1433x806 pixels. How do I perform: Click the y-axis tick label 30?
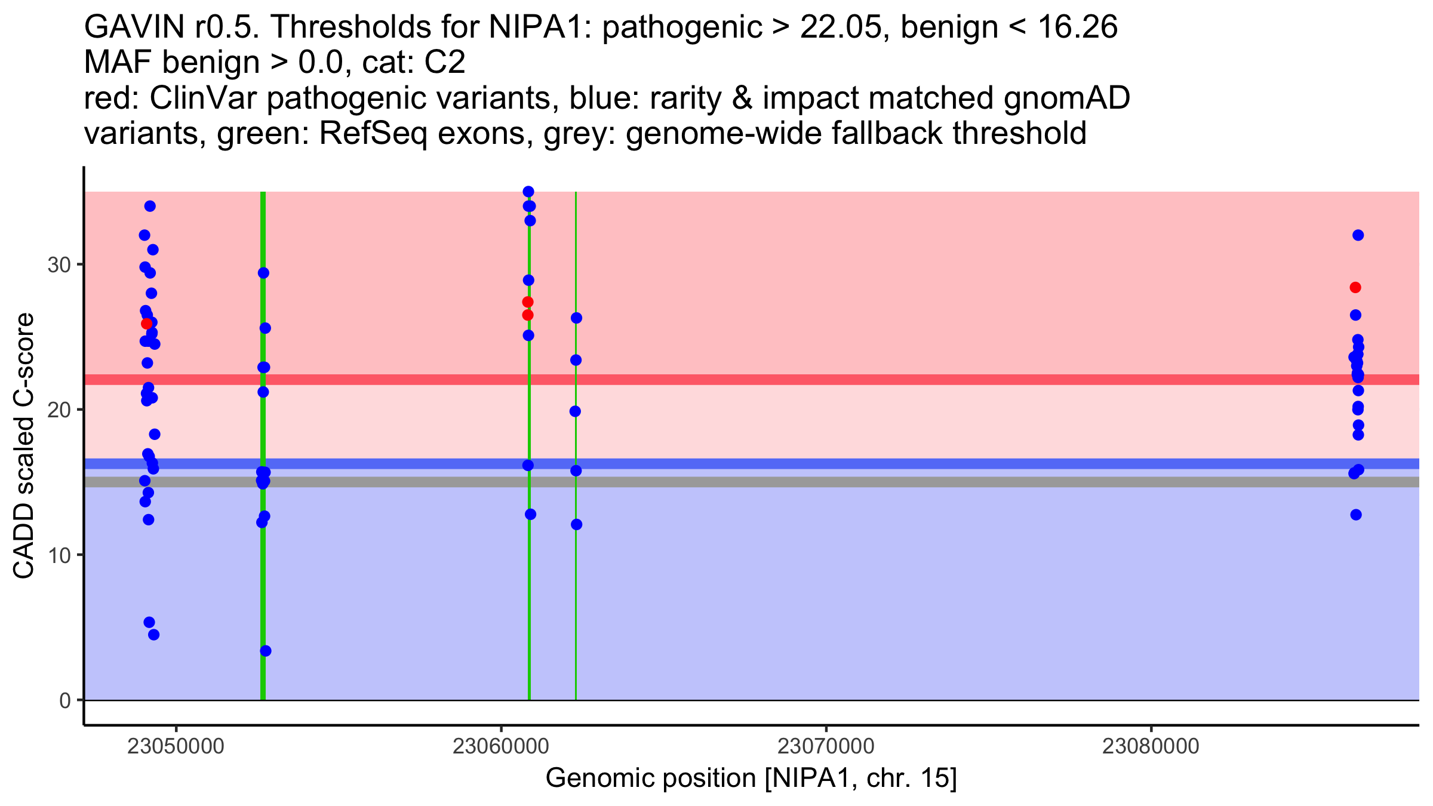coord(59,264)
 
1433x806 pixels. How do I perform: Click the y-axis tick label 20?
coord(59,410)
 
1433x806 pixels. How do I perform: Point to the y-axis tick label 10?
coord(59,555)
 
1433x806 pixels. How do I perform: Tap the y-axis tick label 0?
coord(65,700)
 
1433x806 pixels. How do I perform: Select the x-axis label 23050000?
coord(176,746)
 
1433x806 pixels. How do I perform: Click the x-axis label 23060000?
coord(501,746)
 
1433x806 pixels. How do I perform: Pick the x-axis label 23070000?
coord(826,746)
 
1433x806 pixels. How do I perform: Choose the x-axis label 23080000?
coord(1151,746)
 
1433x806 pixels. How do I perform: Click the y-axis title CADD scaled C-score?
coord(24,446)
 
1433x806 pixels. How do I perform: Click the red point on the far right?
coord(1355,288)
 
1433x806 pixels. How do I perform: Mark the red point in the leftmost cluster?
coord(146,324)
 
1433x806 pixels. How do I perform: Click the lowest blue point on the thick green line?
coord(266,651)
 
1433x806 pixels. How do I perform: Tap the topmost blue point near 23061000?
coord(528,192)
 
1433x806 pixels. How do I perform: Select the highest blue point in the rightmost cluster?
coord(1358,235)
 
